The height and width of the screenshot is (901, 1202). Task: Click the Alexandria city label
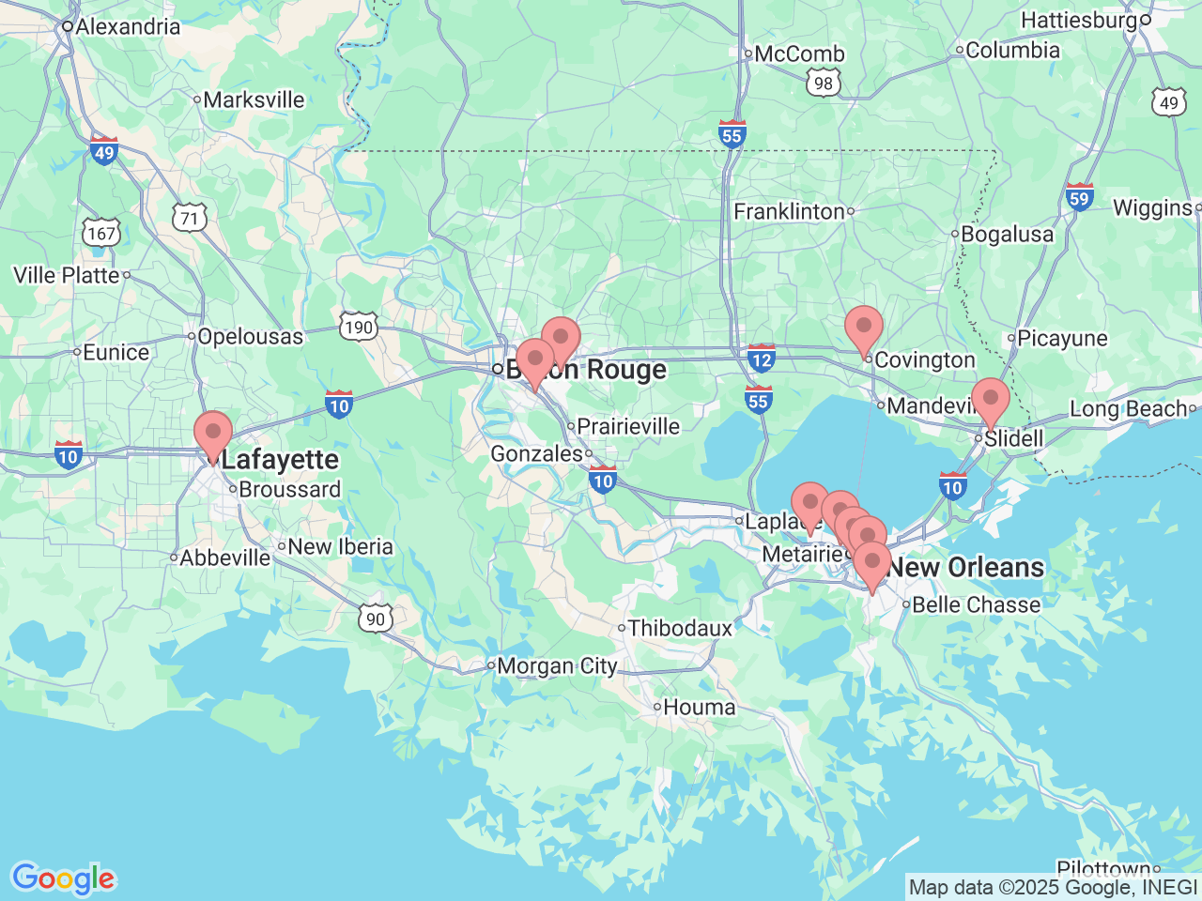coord(127,26)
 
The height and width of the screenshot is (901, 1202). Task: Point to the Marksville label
coord(254,99)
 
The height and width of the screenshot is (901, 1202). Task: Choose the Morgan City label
coord(557,666)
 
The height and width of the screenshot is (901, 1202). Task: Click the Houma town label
coord(699,708)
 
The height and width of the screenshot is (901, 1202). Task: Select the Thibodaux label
coord(680,628)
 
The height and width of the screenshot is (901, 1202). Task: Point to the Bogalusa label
coord(1007,234)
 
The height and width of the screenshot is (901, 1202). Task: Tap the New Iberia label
coord(340,546)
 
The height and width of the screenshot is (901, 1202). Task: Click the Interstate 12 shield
coord(762,358)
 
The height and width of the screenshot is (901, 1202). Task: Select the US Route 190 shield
coord(359,327)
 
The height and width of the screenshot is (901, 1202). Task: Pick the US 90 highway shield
coord(376,618)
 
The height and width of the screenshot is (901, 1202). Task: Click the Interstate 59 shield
coord(1079,197)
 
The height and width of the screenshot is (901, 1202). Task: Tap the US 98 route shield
coord(824,83)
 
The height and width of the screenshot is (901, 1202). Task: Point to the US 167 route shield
coord(101,233)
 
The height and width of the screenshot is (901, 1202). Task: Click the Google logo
coord(63,878)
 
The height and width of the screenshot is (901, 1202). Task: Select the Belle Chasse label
coord(976,604)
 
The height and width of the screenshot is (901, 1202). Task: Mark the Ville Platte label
coord(67,275)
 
